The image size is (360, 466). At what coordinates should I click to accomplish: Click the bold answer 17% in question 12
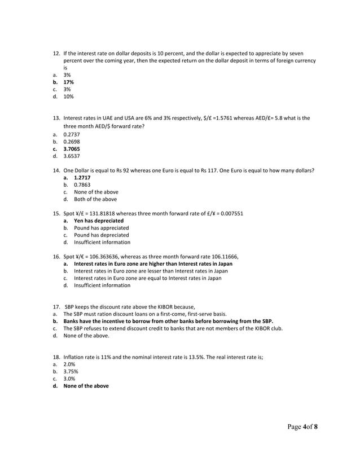click(68, 82)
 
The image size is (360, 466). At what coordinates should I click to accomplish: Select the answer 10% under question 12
click(68, 96)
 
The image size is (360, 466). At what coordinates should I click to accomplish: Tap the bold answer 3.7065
click(72, 149)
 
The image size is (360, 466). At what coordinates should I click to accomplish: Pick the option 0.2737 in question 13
click(71, 135)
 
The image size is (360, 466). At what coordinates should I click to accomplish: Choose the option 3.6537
click(71, 156)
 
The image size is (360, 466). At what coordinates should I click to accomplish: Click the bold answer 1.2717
click(82, 177)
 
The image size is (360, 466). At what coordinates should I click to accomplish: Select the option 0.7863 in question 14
click(82, 184)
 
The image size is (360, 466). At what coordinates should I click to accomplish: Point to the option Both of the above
click(95, 199)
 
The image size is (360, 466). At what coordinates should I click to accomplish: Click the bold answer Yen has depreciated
click(99, 221)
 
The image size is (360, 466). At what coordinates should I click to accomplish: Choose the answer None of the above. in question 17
click(86, 335)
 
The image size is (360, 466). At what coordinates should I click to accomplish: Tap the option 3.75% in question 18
click(71, 372)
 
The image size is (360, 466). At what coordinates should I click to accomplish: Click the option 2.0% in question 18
click(69, 364)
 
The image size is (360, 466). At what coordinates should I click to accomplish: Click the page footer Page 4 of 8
click(301, 427)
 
